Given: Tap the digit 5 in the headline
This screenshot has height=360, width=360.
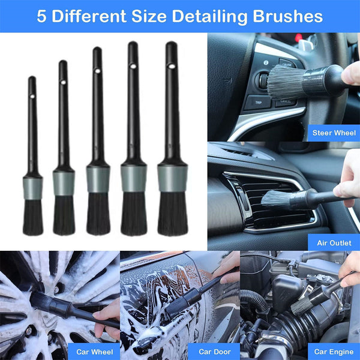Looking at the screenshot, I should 41,16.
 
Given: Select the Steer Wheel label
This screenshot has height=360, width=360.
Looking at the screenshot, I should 333,133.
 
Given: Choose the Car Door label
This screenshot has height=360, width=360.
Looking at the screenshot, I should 214,351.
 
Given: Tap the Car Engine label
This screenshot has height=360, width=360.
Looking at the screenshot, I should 334,351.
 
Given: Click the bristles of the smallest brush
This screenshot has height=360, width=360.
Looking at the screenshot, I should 32,217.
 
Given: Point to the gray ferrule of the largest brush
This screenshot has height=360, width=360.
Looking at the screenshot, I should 172,178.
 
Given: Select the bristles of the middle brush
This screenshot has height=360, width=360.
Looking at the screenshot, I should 98,214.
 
